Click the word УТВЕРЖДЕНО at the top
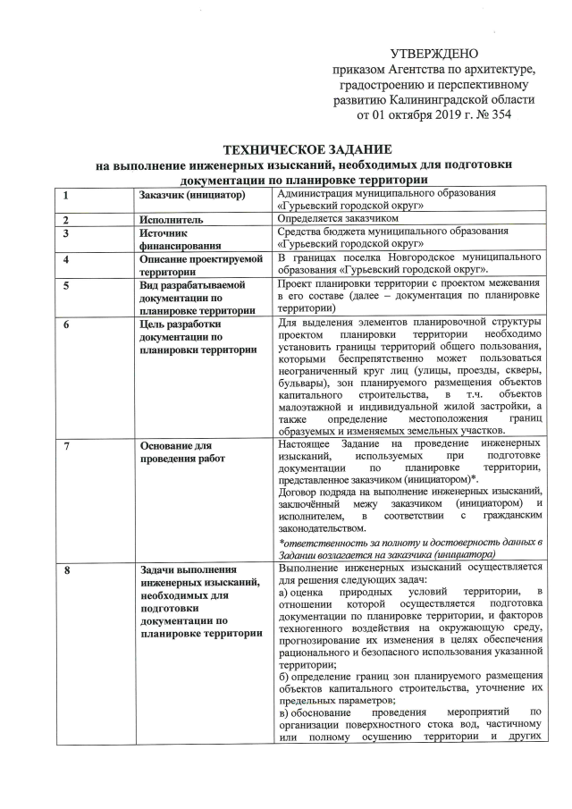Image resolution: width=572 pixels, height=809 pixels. [x=434, y=55]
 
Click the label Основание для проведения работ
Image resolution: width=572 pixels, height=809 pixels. [x=182, y=451]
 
